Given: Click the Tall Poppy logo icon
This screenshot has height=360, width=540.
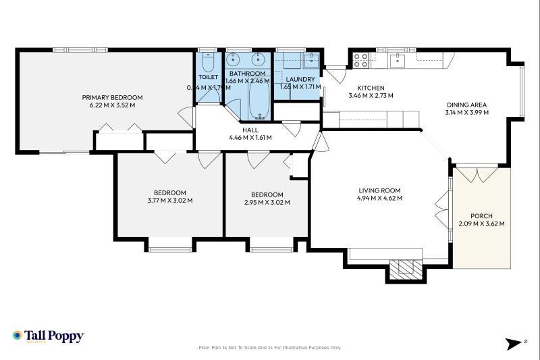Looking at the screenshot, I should [18, 335].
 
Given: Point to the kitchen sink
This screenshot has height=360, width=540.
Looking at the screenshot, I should [398, 60].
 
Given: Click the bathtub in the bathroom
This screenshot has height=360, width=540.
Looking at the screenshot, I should [257, 99].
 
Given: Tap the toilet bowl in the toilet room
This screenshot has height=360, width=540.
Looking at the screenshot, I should [207, 65].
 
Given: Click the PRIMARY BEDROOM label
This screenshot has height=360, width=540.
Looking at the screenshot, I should [113, 97].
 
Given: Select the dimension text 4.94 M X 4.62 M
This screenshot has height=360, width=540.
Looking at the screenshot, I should [380, 199].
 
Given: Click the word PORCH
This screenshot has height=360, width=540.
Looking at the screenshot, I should [481, 216].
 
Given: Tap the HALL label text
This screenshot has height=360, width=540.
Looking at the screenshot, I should [250, 130].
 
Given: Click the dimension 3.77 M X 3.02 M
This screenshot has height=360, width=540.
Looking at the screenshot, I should [170, 200].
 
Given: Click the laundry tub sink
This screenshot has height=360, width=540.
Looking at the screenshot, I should [310, 60].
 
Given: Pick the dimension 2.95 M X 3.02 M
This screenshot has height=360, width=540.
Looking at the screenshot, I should [267, 202].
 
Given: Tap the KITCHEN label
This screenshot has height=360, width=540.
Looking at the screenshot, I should [371, 88].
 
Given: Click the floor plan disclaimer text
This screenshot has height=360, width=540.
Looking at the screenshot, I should [269, 348].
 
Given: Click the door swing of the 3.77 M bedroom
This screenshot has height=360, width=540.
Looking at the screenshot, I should [165, 157].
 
